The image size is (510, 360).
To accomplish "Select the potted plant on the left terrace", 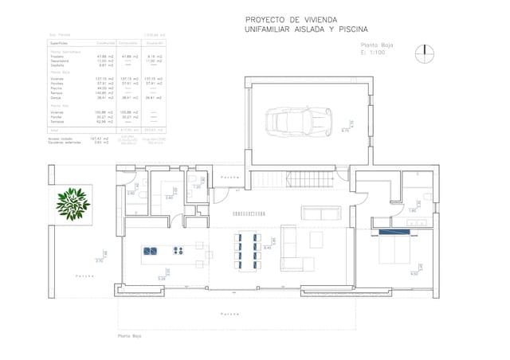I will click(73, 203).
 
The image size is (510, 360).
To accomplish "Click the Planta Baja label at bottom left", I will click(130, 336).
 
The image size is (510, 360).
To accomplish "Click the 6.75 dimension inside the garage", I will click(345, 131).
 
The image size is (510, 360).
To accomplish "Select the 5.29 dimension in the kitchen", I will click(162, 279).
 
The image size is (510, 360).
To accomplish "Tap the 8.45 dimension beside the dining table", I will click(268, 248).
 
